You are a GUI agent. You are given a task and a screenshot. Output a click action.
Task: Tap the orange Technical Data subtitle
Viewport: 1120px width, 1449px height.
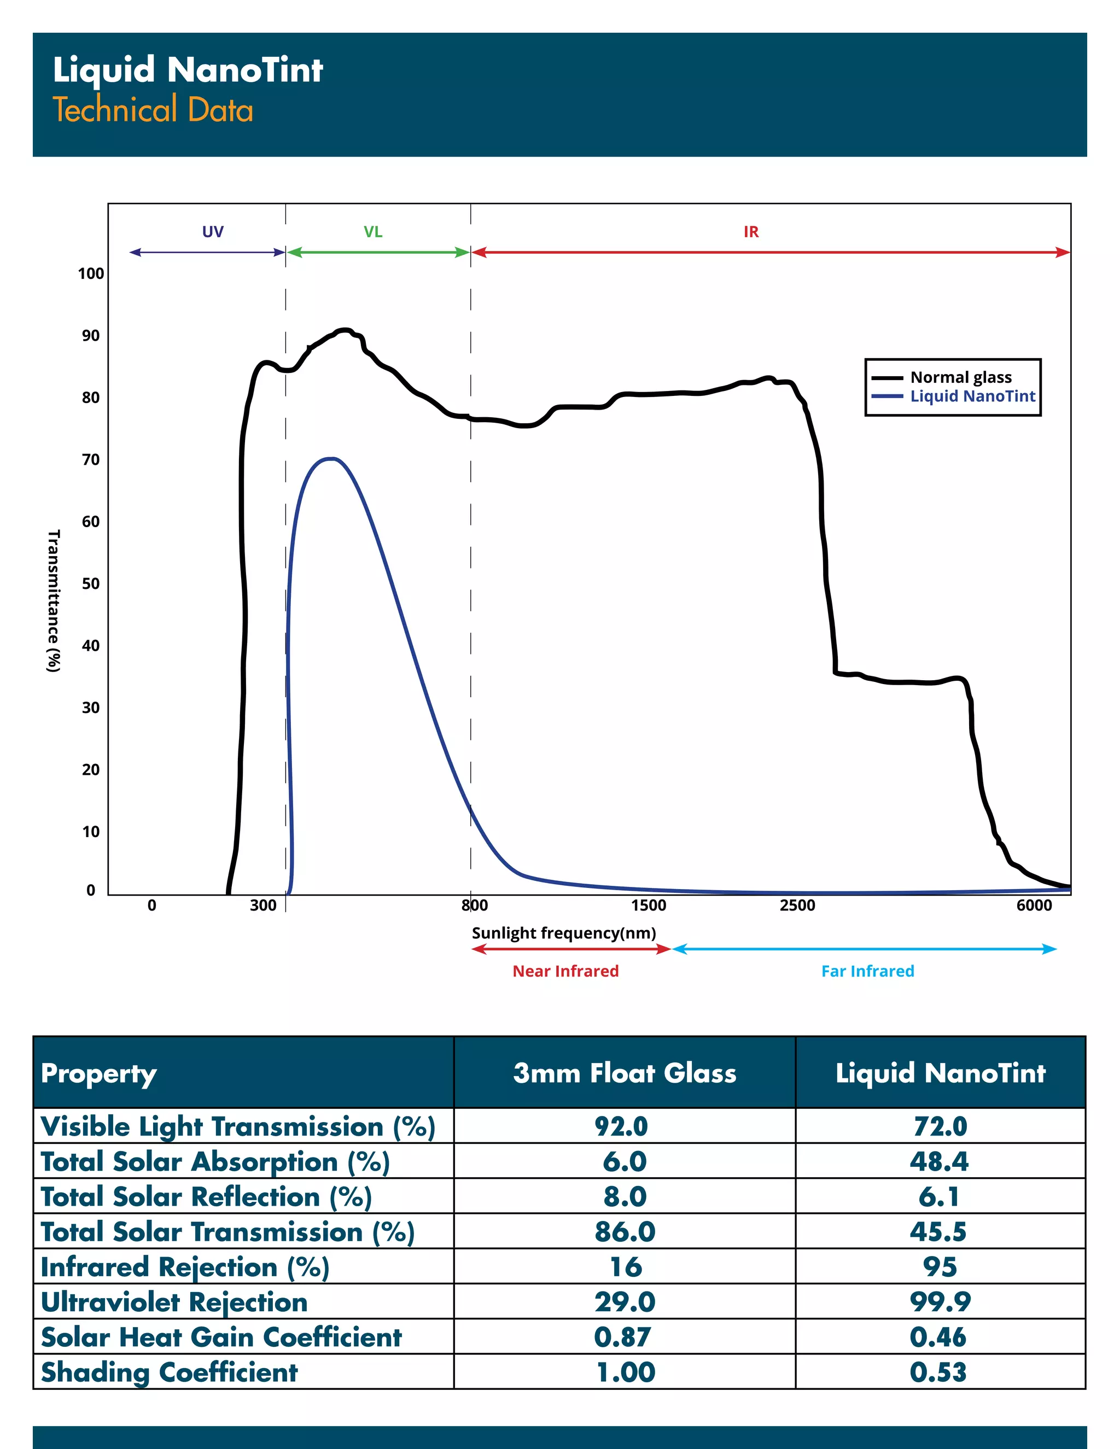[x=153, y=110]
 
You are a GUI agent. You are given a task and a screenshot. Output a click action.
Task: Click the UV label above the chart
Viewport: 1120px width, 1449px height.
[x=213, y=231]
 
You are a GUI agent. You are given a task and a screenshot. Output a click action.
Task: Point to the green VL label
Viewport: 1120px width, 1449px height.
[x=373, y=231]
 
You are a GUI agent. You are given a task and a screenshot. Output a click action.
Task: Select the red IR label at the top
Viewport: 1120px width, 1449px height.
[x=751, y=231]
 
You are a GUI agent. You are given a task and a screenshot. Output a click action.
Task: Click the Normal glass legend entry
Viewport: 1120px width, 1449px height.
[x=960, y=377]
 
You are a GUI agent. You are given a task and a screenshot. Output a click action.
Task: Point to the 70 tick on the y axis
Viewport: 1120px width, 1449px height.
[x=91, y=459]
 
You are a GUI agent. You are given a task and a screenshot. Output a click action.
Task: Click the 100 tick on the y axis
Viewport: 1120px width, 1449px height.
[x=91, y=273]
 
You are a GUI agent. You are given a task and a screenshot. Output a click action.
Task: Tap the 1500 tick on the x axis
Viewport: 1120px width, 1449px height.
[x=648, y=905]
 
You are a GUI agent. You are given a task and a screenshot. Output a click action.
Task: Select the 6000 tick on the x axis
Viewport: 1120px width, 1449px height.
[x=1034, y=905]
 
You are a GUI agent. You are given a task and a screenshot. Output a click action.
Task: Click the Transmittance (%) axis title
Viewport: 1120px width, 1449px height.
[x=54, y=600]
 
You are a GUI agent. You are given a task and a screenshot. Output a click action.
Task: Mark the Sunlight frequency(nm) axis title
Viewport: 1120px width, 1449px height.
[x=564, y=933]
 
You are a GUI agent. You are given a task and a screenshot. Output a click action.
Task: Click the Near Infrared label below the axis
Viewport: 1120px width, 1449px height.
[x=565, y=971]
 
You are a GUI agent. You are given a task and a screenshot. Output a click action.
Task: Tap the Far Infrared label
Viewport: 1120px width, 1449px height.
[x=867, y=971]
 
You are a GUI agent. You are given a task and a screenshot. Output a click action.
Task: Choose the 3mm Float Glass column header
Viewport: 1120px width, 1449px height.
[x=625, y=1073]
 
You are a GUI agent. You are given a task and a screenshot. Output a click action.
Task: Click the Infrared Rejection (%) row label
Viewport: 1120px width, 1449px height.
[x=185, y=1266]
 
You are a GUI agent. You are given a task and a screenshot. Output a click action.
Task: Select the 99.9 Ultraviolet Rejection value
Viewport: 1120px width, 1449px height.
[x=940, y=1302]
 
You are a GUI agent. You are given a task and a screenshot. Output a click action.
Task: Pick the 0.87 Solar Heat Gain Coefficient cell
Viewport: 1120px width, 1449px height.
[x=623, y=1337]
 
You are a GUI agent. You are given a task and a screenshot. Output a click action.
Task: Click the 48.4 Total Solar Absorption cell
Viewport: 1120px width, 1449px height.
[x=939, y=1161]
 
